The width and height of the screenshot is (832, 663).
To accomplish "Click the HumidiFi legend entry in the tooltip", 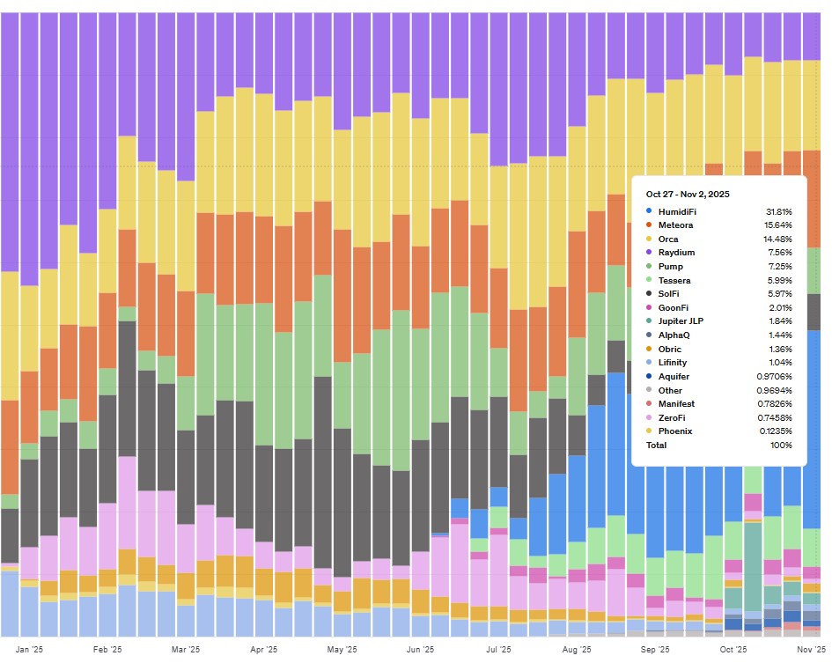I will tap(677, 212).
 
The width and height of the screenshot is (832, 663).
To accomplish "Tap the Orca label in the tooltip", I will tap(667, 239).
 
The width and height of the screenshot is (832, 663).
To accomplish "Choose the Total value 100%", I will tap(781, 446).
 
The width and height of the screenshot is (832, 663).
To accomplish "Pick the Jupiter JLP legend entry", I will tap(681, 321).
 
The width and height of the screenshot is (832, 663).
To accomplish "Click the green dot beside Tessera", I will tap(649, 280).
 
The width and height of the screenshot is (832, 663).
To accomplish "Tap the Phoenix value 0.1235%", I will tap(774, 431).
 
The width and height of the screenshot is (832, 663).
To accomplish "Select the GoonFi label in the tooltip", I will tap(673, 307).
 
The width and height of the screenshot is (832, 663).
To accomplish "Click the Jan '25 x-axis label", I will tap(29, 650).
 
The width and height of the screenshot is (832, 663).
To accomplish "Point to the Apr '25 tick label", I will tap(264, 650).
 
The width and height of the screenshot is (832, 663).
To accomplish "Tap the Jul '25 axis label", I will tap(498, 650).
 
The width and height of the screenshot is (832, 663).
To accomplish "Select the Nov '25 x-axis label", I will tap(811, 650).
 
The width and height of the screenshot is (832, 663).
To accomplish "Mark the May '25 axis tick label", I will tap(342, 650).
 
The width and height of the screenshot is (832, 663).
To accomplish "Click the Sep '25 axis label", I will tap(654, 650).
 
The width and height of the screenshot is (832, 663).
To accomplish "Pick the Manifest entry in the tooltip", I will tap(676, 403).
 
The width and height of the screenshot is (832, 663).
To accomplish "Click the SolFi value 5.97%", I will tap(779, 294).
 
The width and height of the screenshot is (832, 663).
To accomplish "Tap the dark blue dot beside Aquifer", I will tap(649, 376).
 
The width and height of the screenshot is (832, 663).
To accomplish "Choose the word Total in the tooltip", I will tap(657, 446).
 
